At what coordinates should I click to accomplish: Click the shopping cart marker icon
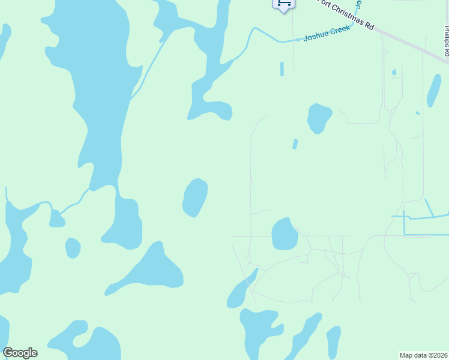[283, 4]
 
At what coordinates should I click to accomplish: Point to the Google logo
[20, 353]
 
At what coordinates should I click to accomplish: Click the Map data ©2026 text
[423, 355]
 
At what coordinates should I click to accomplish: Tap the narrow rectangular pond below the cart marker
[282, 69]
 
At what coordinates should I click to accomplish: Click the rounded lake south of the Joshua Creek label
[319, 118]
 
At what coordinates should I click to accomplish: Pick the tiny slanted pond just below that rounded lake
[295, 144]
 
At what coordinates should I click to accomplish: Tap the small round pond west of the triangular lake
[73, 247]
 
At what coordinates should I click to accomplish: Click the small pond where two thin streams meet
[57, 220]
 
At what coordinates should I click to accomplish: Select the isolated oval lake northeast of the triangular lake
[195, 197]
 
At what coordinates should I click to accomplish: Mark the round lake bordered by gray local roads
[285, 235]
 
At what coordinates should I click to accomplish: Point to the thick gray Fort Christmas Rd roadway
[414, 46]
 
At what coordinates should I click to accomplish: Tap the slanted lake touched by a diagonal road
[241, 289]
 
